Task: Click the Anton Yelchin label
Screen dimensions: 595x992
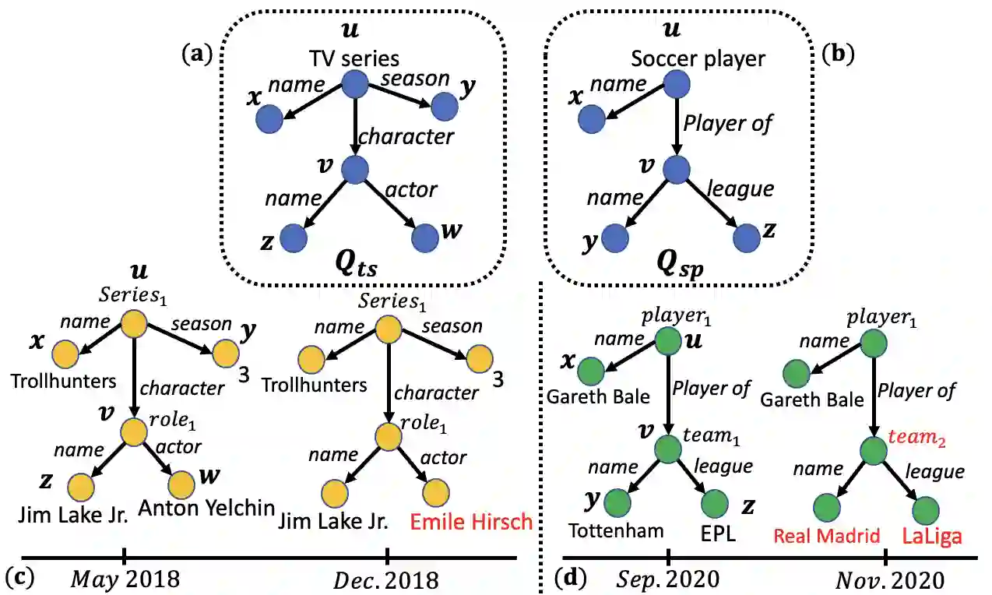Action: click(x=206, y=509)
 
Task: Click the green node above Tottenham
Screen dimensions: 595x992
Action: click(x=617, y=502)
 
